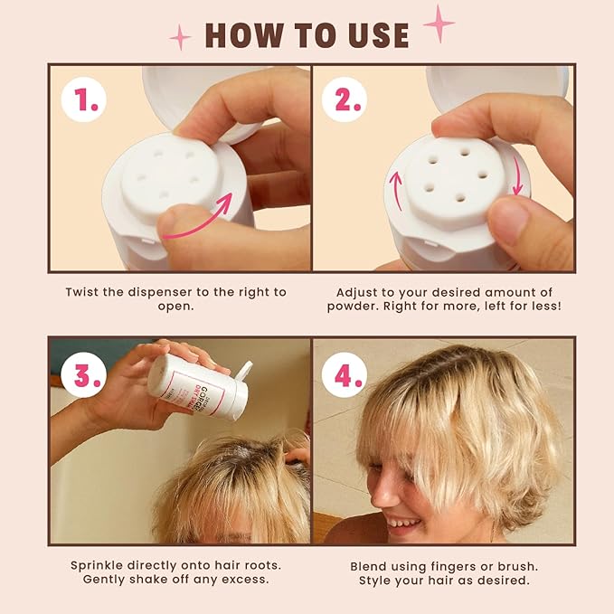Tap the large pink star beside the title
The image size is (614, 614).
pos(439,24)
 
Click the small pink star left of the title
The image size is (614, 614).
pos(181,37)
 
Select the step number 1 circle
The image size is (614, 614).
pos(85,100)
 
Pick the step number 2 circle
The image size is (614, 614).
pos(345,100)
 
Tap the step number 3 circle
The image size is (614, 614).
pos(85,374)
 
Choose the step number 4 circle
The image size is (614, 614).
pos(345,374)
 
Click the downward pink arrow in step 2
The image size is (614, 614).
pos(517,175)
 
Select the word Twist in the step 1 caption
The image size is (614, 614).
pos(84,292)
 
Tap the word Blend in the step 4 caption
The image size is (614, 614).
pos(370,565)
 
